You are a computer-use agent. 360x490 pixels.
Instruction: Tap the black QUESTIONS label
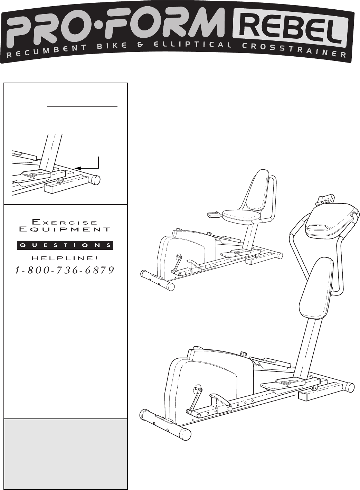tap(65, 245)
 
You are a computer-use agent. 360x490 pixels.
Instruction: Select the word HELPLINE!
tap(65, 258)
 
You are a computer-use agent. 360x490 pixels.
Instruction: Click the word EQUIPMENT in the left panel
tap(65, 229)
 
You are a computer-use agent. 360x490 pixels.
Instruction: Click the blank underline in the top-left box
tap(83, 107)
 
